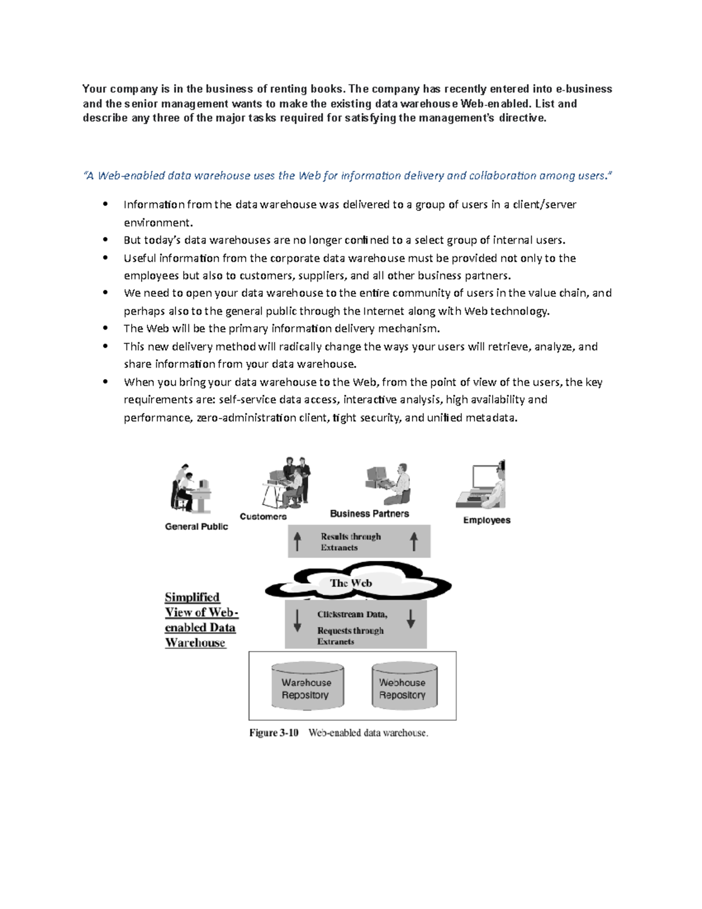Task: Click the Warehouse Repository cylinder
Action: click(x=307, y=686)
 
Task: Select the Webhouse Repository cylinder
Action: click(x=404, y=686)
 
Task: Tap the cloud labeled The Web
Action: click(x=351, y=583)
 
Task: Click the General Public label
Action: click(x=197, y=526)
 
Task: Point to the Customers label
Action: click(x=263, y=516)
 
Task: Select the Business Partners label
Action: click(x=369, y=513)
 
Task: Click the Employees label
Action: click(x=487, y=520)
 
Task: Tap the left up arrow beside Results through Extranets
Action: click(x=297, y=541)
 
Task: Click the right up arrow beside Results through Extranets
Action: click(x=414, y=541)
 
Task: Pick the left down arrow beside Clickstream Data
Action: click(x=297, y=620)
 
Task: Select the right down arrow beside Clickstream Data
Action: click(x=411, y=619)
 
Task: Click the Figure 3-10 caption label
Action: click(x=274, y=733)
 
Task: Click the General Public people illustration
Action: click(x=190, y=488)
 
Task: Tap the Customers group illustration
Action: click(x=287, y=483)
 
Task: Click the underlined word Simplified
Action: click(x=192, y=597)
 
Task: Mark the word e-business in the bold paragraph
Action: click(x=584, y=89)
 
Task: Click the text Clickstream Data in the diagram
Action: click(x=352, y=615)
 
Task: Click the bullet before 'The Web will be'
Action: click(x=105, y=328)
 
